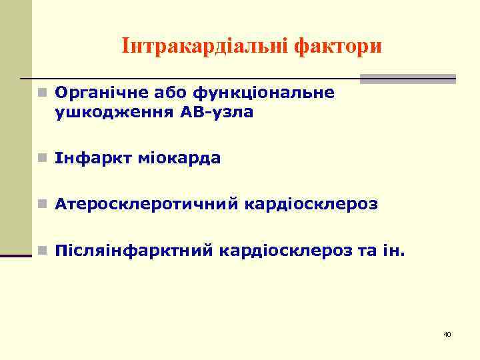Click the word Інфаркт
(x=89, y=159)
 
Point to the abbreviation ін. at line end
(x=393, y=251)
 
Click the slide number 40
(x=447, y=333)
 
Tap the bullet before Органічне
(x=41, y=93)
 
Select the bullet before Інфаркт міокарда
(x=41, y=159)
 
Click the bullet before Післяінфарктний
(x=41, y=251)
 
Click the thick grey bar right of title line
(x=407, y=79)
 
